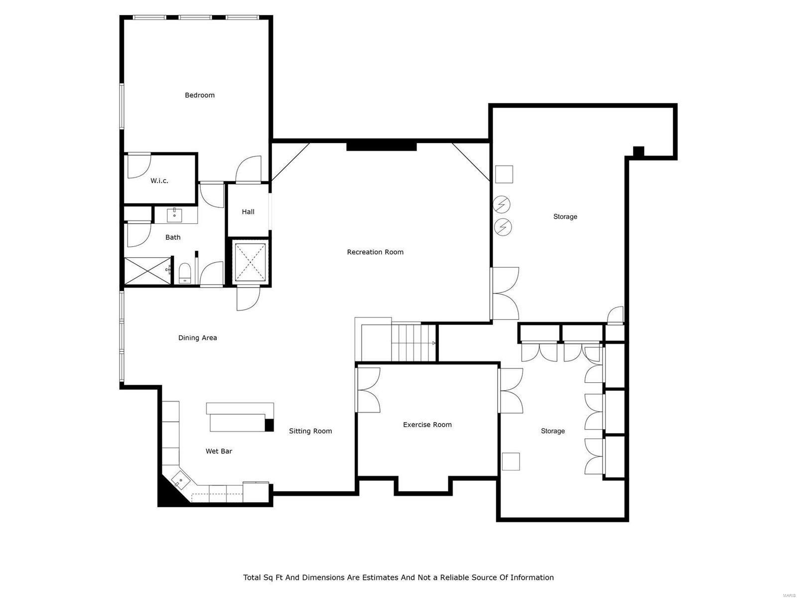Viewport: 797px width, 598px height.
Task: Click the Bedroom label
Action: pos(199,95)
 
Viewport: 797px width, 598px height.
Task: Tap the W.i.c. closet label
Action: pos(159,181)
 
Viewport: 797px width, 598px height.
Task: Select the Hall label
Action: pos(248,212)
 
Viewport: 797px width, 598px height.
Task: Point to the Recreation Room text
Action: pos(375,252)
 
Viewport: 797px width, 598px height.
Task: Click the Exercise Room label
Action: pos(427,425)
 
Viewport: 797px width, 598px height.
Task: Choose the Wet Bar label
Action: pos(219,451)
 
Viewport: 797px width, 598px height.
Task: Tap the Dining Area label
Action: pos(197,338)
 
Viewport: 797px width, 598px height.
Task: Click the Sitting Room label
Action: pos(310,431)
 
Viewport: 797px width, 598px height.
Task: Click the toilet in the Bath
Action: pos(185,274)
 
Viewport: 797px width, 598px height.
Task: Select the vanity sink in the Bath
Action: pos(174,216)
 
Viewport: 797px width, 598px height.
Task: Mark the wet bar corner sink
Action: pos(180,481)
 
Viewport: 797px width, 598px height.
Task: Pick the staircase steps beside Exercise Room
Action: pos(413,342)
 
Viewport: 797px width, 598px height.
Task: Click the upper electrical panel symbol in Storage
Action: pos(502,204)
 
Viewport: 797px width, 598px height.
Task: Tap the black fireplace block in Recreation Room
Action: pos(381,146)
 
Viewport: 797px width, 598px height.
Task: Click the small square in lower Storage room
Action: pos(511,461)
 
